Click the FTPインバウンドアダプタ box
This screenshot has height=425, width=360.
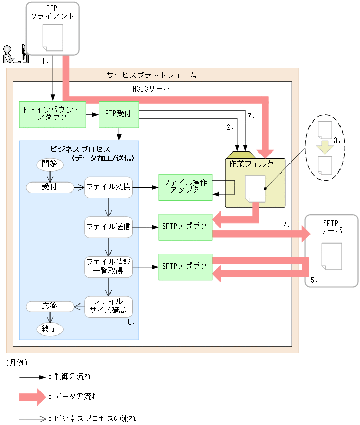click(x=53, y=114)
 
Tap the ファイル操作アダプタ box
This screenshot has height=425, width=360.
click(x=185, y=187)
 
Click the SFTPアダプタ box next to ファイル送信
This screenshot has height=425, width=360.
click(x=185, y=227)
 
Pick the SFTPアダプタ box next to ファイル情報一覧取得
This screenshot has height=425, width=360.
click(x=185, y=267)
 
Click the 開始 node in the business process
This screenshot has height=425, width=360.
click(x=50, y=164)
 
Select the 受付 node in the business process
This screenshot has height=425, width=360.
click(x=50, y=187)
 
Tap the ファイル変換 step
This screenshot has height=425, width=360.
click(x=108, y=187)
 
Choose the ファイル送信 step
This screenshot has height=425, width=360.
click(x=108, y=227)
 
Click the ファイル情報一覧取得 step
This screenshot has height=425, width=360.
click(x=108, y=267)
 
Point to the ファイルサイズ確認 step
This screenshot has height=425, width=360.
click(x=108, y=306)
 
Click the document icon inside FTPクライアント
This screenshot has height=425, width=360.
click(x=53, y=37)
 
